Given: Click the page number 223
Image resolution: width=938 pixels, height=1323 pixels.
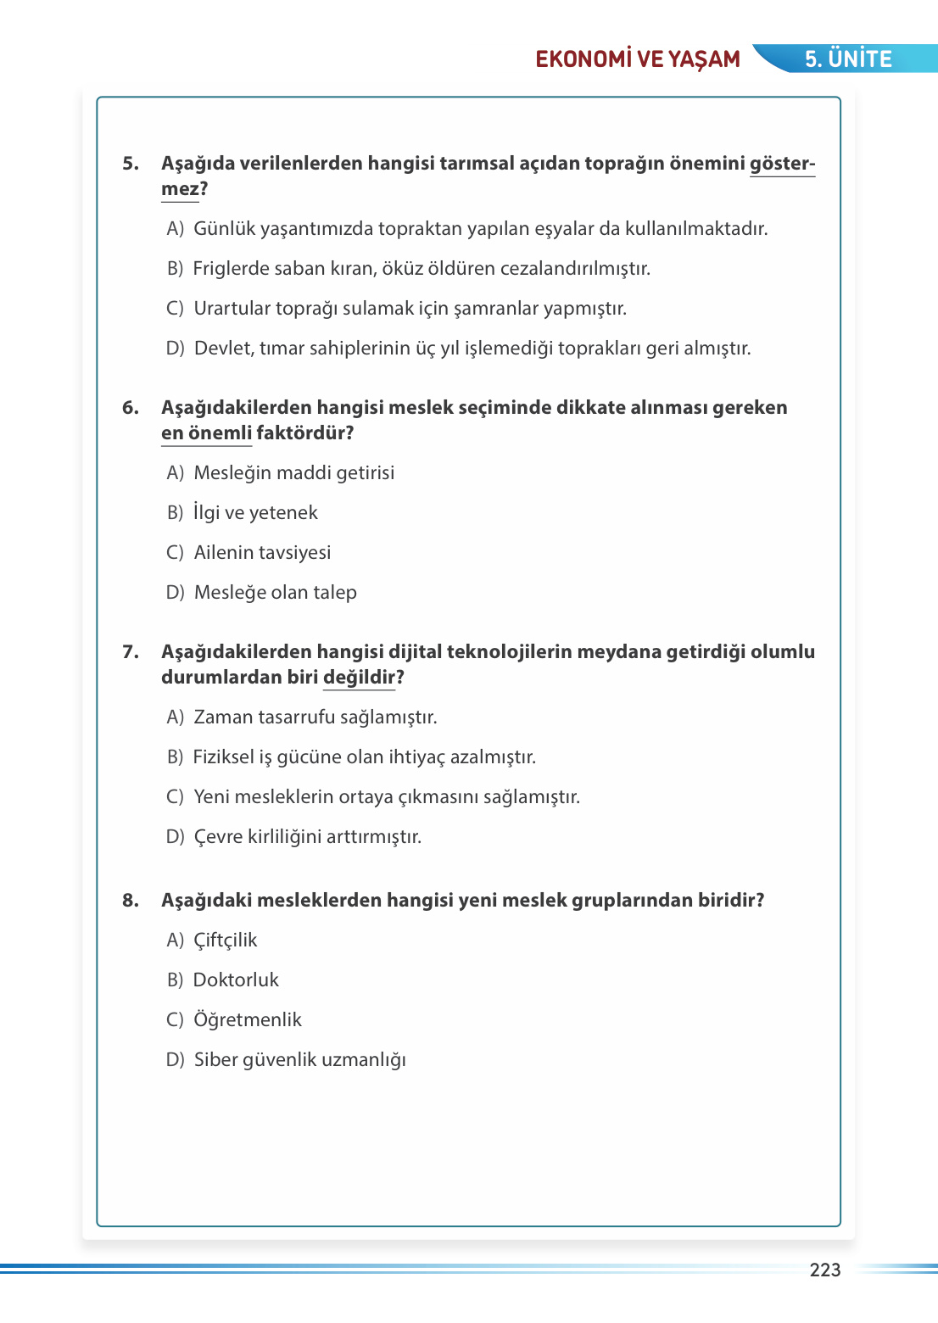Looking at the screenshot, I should click(824, 1270).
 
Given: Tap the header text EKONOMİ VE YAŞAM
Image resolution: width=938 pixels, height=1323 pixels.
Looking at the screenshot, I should click(638, 59).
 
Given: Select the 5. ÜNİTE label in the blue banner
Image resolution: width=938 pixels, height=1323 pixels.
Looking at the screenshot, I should click(848, 59).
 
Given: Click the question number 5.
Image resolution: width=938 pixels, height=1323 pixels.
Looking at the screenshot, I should click(130, 164).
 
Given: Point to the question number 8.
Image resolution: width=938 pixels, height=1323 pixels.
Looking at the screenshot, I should click(130, 901).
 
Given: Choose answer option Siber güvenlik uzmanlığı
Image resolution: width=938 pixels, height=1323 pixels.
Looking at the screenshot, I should click(299, 1060).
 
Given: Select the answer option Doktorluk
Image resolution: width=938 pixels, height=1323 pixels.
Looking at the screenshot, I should click(236, 980).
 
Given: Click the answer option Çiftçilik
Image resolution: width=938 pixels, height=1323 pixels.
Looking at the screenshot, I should click(225, 941).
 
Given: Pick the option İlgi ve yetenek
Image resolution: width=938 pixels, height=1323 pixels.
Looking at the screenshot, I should click(255, 513).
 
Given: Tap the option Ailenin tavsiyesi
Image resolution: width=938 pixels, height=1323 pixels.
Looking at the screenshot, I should click(262, 553).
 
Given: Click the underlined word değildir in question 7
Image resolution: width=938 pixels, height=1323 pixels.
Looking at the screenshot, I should click(359, 678).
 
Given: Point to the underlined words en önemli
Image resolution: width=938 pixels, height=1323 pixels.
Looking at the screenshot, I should click(207, 433).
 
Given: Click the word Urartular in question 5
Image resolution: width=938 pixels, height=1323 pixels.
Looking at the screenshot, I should click(232, 309).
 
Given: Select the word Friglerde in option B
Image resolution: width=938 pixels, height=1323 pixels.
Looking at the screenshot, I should click(228, 269).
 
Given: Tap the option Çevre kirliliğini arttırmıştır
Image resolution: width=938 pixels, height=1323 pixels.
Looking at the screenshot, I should click(307, 837).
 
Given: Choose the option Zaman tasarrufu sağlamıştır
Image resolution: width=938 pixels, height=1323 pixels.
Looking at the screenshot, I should click(315, 717).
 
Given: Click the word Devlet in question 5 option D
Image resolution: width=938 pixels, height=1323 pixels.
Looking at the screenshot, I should click(222, 349).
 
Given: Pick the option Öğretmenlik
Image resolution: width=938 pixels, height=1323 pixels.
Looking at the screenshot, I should click(247, 1020).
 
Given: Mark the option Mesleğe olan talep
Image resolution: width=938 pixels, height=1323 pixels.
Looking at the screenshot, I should click(275, 593).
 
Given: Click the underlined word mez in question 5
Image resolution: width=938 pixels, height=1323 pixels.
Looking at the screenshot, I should click(180, 189).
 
